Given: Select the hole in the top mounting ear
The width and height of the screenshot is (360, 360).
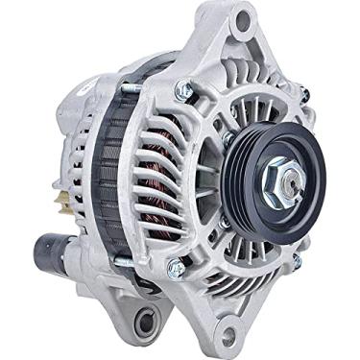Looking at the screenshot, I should click(243, 18).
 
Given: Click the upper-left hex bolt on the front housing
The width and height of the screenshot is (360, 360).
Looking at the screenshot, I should click(183, 90).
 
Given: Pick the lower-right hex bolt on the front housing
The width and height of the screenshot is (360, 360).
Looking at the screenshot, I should click(295, 260).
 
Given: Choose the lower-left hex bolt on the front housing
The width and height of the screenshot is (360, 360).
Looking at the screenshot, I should click(176, 268).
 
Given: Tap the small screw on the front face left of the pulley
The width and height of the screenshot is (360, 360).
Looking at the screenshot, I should click(228, 138).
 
